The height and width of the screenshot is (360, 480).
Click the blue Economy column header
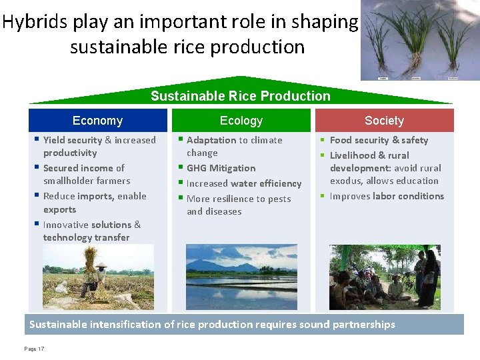(97, 121)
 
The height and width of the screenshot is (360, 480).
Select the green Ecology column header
(241, 121)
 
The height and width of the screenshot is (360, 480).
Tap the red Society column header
(384, 121)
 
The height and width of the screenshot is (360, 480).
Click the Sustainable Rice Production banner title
(240, 96)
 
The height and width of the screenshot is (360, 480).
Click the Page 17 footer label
(34, 349)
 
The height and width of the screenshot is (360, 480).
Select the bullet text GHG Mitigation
(221, 168)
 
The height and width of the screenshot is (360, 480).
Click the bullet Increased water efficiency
(244, 183)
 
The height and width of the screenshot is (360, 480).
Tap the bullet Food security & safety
(379, 140)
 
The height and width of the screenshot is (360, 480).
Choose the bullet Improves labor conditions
(387, 196)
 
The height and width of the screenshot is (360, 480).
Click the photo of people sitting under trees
(384, 277)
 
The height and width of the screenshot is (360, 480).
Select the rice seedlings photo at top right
(420, 40)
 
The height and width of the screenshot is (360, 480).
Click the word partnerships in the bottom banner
(364, 325)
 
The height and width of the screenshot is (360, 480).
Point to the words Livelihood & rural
(369, 155)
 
